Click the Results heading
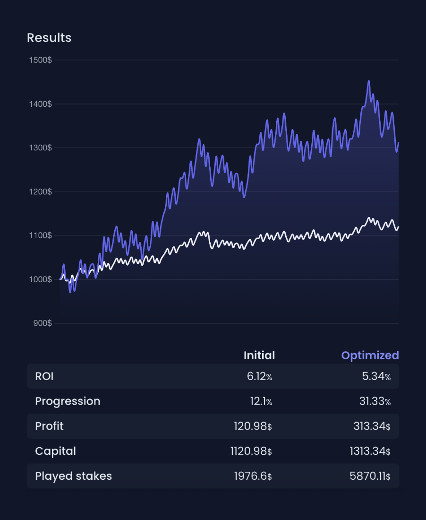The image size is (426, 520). tap(49, 38)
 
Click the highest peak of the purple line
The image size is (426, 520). tap(369, 81)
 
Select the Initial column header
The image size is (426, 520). tap(259, 355)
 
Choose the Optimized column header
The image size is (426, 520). tap(370, 355)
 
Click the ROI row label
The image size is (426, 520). tap(44, 376)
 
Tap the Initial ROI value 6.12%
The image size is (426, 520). tap(259, 376)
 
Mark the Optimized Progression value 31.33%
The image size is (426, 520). tap(375, 401)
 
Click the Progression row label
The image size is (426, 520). tap(68, 401)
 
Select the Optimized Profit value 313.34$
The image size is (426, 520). tap(372, 426)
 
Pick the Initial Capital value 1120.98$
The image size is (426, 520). tap(251, 451)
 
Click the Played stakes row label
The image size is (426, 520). tap(73, 476)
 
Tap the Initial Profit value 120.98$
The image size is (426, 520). tap(253, 426)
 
